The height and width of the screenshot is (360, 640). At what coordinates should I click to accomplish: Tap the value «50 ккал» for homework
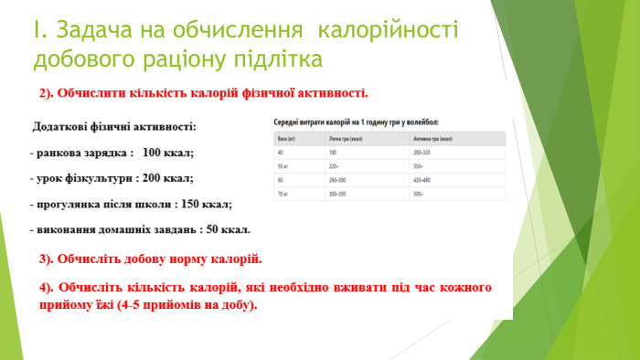[228, 229]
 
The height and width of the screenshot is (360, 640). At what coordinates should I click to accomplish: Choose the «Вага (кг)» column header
[284, 137]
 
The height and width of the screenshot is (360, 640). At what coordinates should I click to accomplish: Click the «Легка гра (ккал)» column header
[347, 137]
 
